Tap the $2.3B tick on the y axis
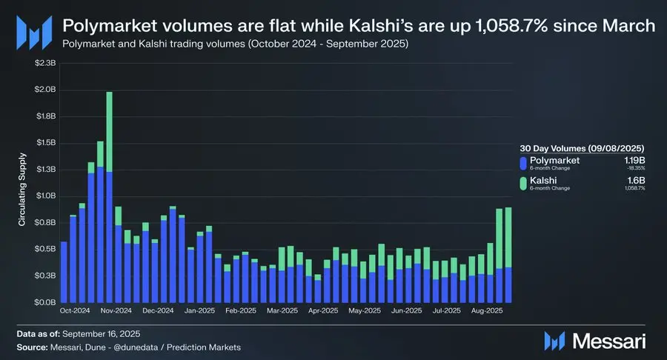pos(45,64)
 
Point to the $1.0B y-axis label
pos(45,196)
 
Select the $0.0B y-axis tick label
pos(45,302)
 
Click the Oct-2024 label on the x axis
pos(75,311)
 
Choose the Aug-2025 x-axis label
pos(488,311)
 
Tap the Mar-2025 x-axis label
pos(282,311)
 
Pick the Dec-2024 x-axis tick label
pos(158,311)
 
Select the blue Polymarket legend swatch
pos(524,163)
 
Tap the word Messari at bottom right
pos(610,341)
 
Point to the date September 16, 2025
pos(103,335)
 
